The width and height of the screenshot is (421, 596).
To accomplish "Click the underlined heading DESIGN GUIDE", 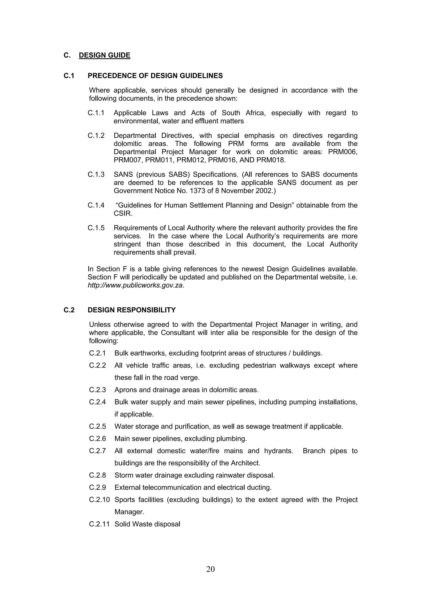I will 105,55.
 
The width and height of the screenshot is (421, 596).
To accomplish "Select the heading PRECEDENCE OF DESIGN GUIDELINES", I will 155,76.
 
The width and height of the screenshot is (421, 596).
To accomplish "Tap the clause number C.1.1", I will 96,113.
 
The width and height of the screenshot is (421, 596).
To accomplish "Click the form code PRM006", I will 343,152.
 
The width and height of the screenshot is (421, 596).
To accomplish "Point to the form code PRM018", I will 271,160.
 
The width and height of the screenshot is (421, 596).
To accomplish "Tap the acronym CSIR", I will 123,214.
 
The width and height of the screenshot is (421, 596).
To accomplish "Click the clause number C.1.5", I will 96,228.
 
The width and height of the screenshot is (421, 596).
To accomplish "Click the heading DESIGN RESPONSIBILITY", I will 132,310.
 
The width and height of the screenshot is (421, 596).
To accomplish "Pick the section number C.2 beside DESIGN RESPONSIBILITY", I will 69,310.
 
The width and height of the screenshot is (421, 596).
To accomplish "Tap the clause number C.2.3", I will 97,390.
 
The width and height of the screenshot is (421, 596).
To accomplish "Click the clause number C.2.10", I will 99,500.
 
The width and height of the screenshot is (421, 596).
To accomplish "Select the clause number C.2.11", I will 99,524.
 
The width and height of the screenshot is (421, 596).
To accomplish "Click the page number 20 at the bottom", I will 210,569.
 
